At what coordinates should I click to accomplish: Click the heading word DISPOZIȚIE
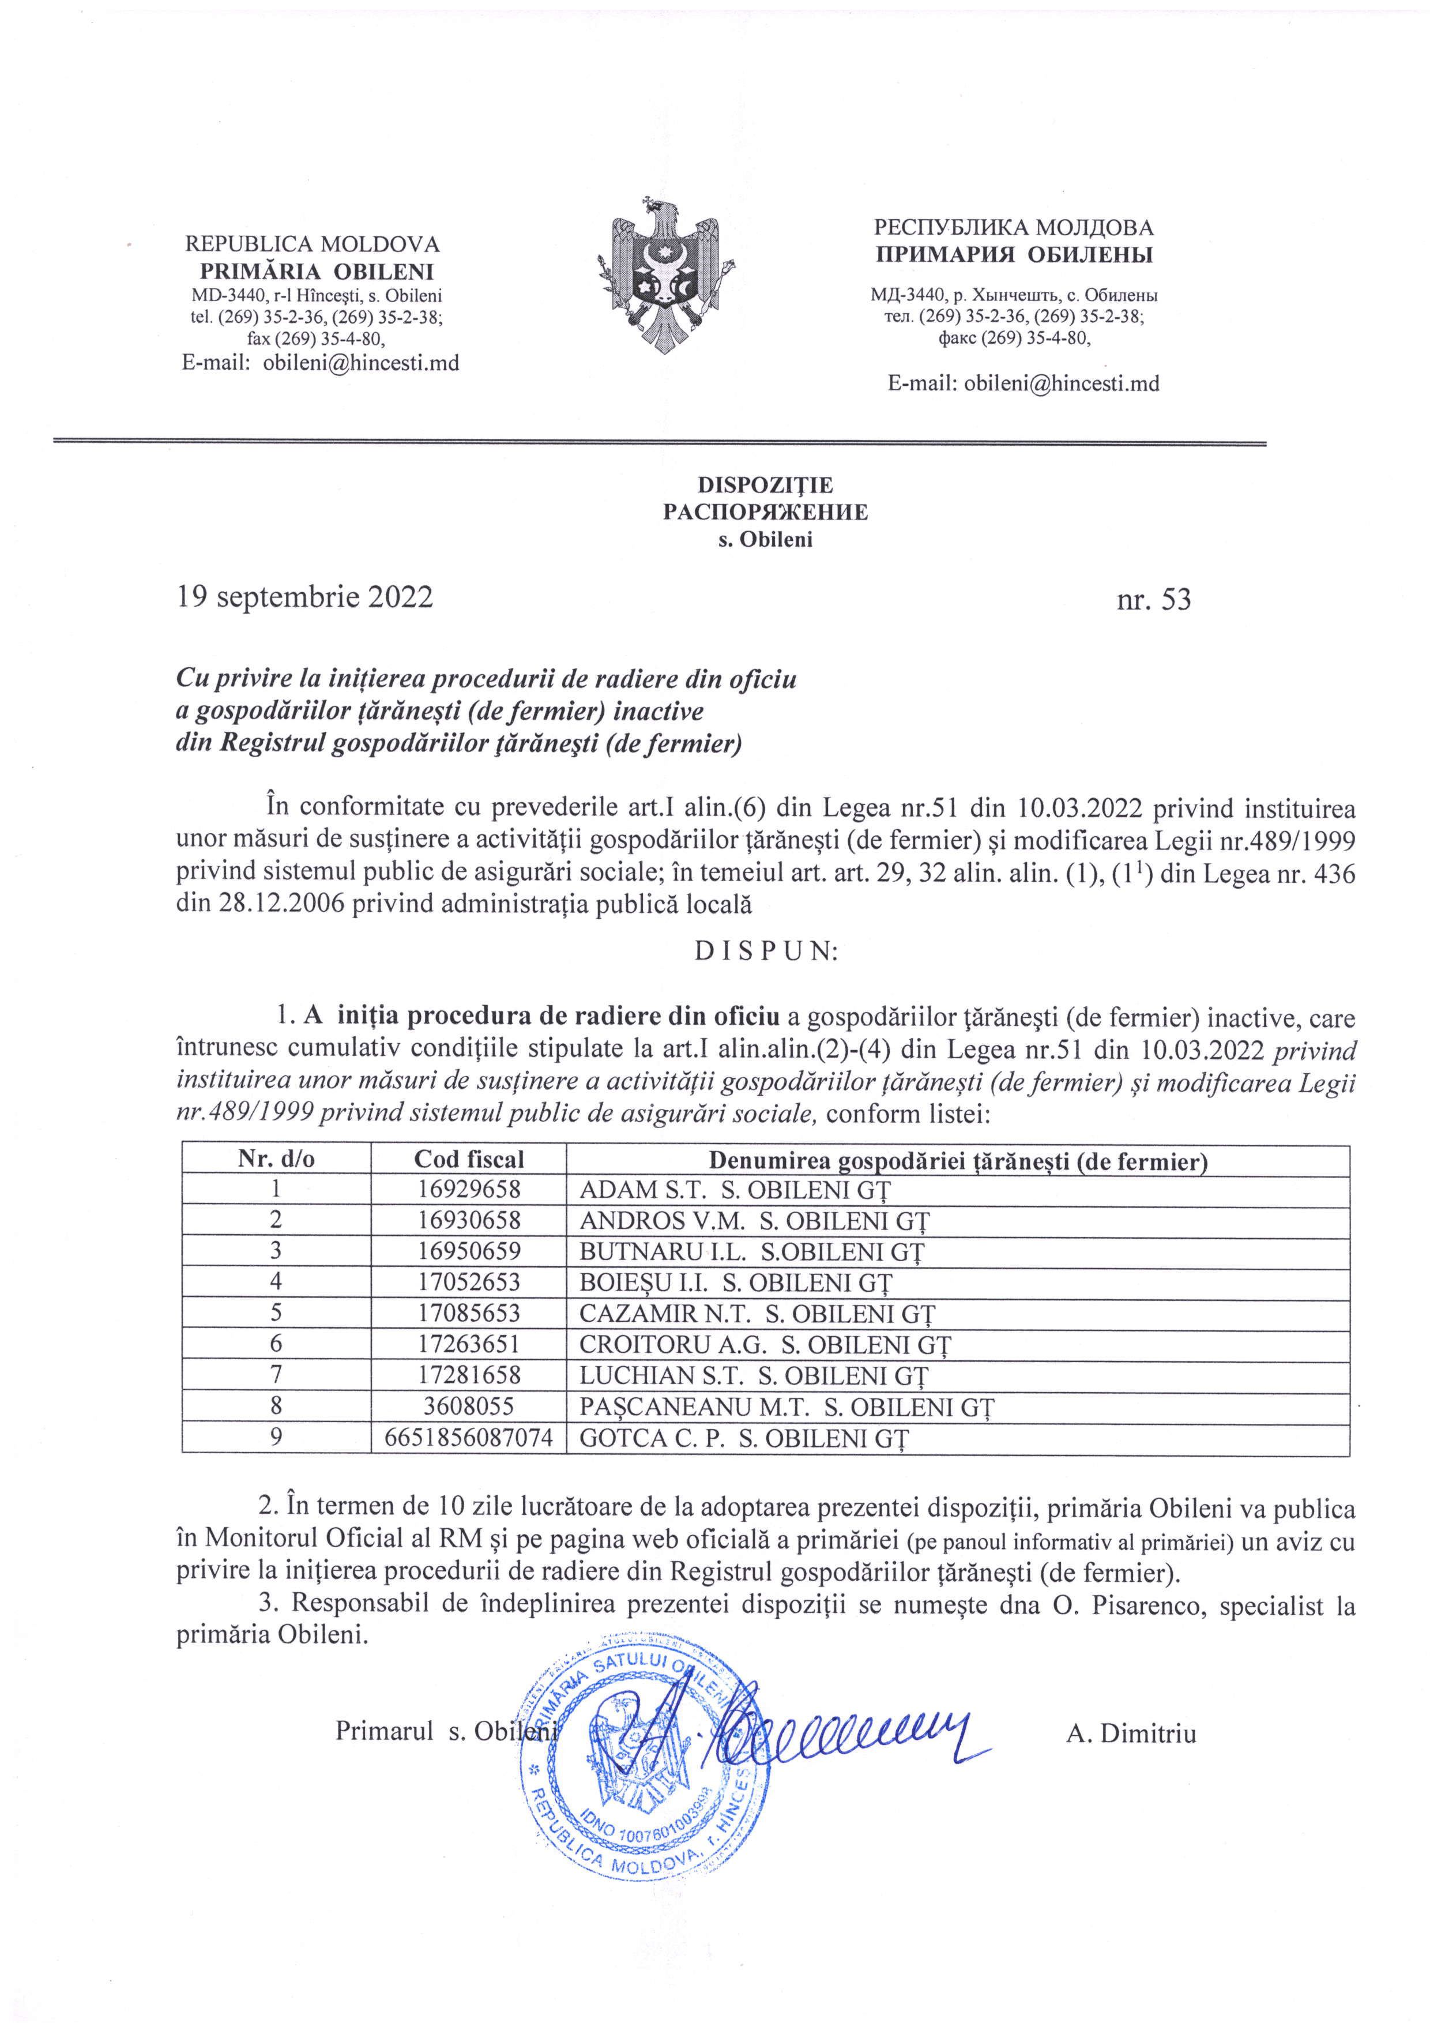tap(765, 486)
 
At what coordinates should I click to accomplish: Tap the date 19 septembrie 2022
tap(305, 597)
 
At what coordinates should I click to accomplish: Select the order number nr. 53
tap(1153, 600)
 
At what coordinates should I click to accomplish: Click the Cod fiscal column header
tap(469, 1160)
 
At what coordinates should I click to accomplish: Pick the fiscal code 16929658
tap(469, 1190)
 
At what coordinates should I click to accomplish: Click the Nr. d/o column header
tap(276, 1160)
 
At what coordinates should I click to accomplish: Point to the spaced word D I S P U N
tap(765, 953)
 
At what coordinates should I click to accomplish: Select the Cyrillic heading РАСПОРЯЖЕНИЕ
tap(765, 513)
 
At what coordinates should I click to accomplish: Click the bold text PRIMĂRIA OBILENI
tap(317, 272)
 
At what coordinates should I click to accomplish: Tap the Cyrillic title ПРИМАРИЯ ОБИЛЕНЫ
tap(1013, 255)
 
